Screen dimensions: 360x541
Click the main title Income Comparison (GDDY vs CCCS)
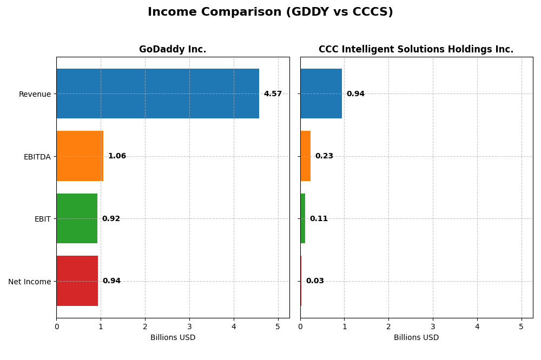(x=270, y=12)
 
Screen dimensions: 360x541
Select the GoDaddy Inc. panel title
(x=173, y=49)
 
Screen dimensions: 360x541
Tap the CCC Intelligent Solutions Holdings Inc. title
(x=416, y=49)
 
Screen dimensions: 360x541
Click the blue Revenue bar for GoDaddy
(x=157, y=94)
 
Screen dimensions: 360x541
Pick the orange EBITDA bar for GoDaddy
(x=80, y=156)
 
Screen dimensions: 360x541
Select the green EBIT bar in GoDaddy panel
(x=77, y=218)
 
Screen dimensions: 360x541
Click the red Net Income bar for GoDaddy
(x=77, y=281)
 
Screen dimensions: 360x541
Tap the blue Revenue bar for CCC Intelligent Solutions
(x=321, y=94)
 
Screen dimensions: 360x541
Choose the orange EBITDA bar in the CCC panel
(x=305, y=156)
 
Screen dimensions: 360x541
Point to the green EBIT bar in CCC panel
(x=302, y=218)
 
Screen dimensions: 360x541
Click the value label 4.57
(x=273, y=94)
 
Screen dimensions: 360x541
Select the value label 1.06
(x=117, y=156)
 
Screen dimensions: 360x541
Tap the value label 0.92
(x=111, y=219)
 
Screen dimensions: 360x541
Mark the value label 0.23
(x=324, y=156)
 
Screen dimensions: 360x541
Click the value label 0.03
(x=315, y=281)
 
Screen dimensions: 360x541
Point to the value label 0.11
(x=319, y=219)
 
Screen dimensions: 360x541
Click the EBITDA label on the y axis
(x=37, y=157)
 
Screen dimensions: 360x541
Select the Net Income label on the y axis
(x=29, y=282)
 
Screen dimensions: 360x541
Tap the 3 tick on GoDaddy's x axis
(x=189, y=326)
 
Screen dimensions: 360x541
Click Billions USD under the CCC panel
(x=416, y=337)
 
